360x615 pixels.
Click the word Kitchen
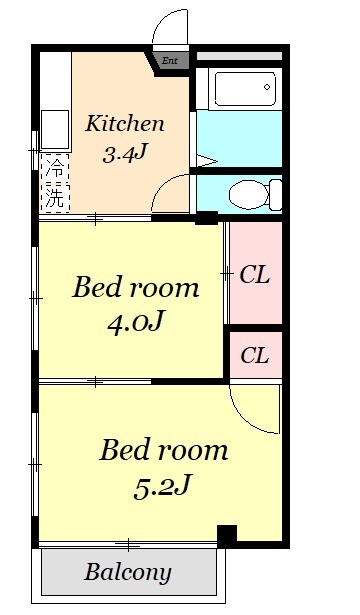[x=124, y=124]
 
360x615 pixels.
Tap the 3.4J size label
[x=124, y=153]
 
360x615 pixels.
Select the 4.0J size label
[x=135, y=321]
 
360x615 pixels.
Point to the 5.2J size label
[x=162, y=486]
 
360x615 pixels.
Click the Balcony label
[x=128, y=573]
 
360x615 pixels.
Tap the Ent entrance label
[x=170, y=61]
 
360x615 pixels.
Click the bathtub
[x=245, y=89]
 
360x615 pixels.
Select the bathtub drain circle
[x=267, y=87]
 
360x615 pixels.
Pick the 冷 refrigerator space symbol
[x=55, y=168]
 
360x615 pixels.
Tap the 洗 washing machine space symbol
[x=55, y=198]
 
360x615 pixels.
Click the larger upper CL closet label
[x=255, y=275]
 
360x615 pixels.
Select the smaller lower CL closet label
[x=255, y=355]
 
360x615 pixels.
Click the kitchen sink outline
[x=55, y=129]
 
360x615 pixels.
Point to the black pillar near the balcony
[x=227, y=536]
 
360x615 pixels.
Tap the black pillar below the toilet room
[x=206, y=218]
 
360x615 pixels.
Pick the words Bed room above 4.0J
[x=135, y=287]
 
